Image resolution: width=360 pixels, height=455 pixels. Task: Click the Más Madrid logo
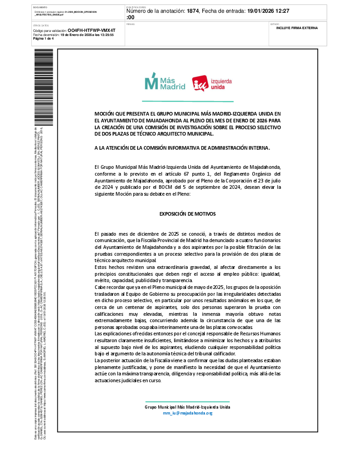165,82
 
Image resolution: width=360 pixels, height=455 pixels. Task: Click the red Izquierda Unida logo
212,84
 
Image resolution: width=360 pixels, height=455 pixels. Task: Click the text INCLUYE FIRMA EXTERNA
297,28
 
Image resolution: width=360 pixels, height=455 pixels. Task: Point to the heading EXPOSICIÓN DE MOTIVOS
187,213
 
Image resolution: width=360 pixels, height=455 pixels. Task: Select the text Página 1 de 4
43,39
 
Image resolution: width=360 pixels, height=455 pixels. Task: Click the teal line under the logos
187,101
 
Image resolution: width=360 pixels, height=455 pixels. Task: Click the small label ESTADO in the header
275,24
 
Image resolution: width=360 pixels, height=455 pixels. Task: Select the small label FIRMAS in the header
130,24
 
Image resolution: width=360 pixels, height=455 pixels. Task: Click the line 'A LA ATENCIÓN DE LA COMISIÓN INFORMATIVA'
182,148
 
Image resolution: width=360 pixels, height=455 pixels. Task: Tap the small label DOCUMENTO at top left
40,8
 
